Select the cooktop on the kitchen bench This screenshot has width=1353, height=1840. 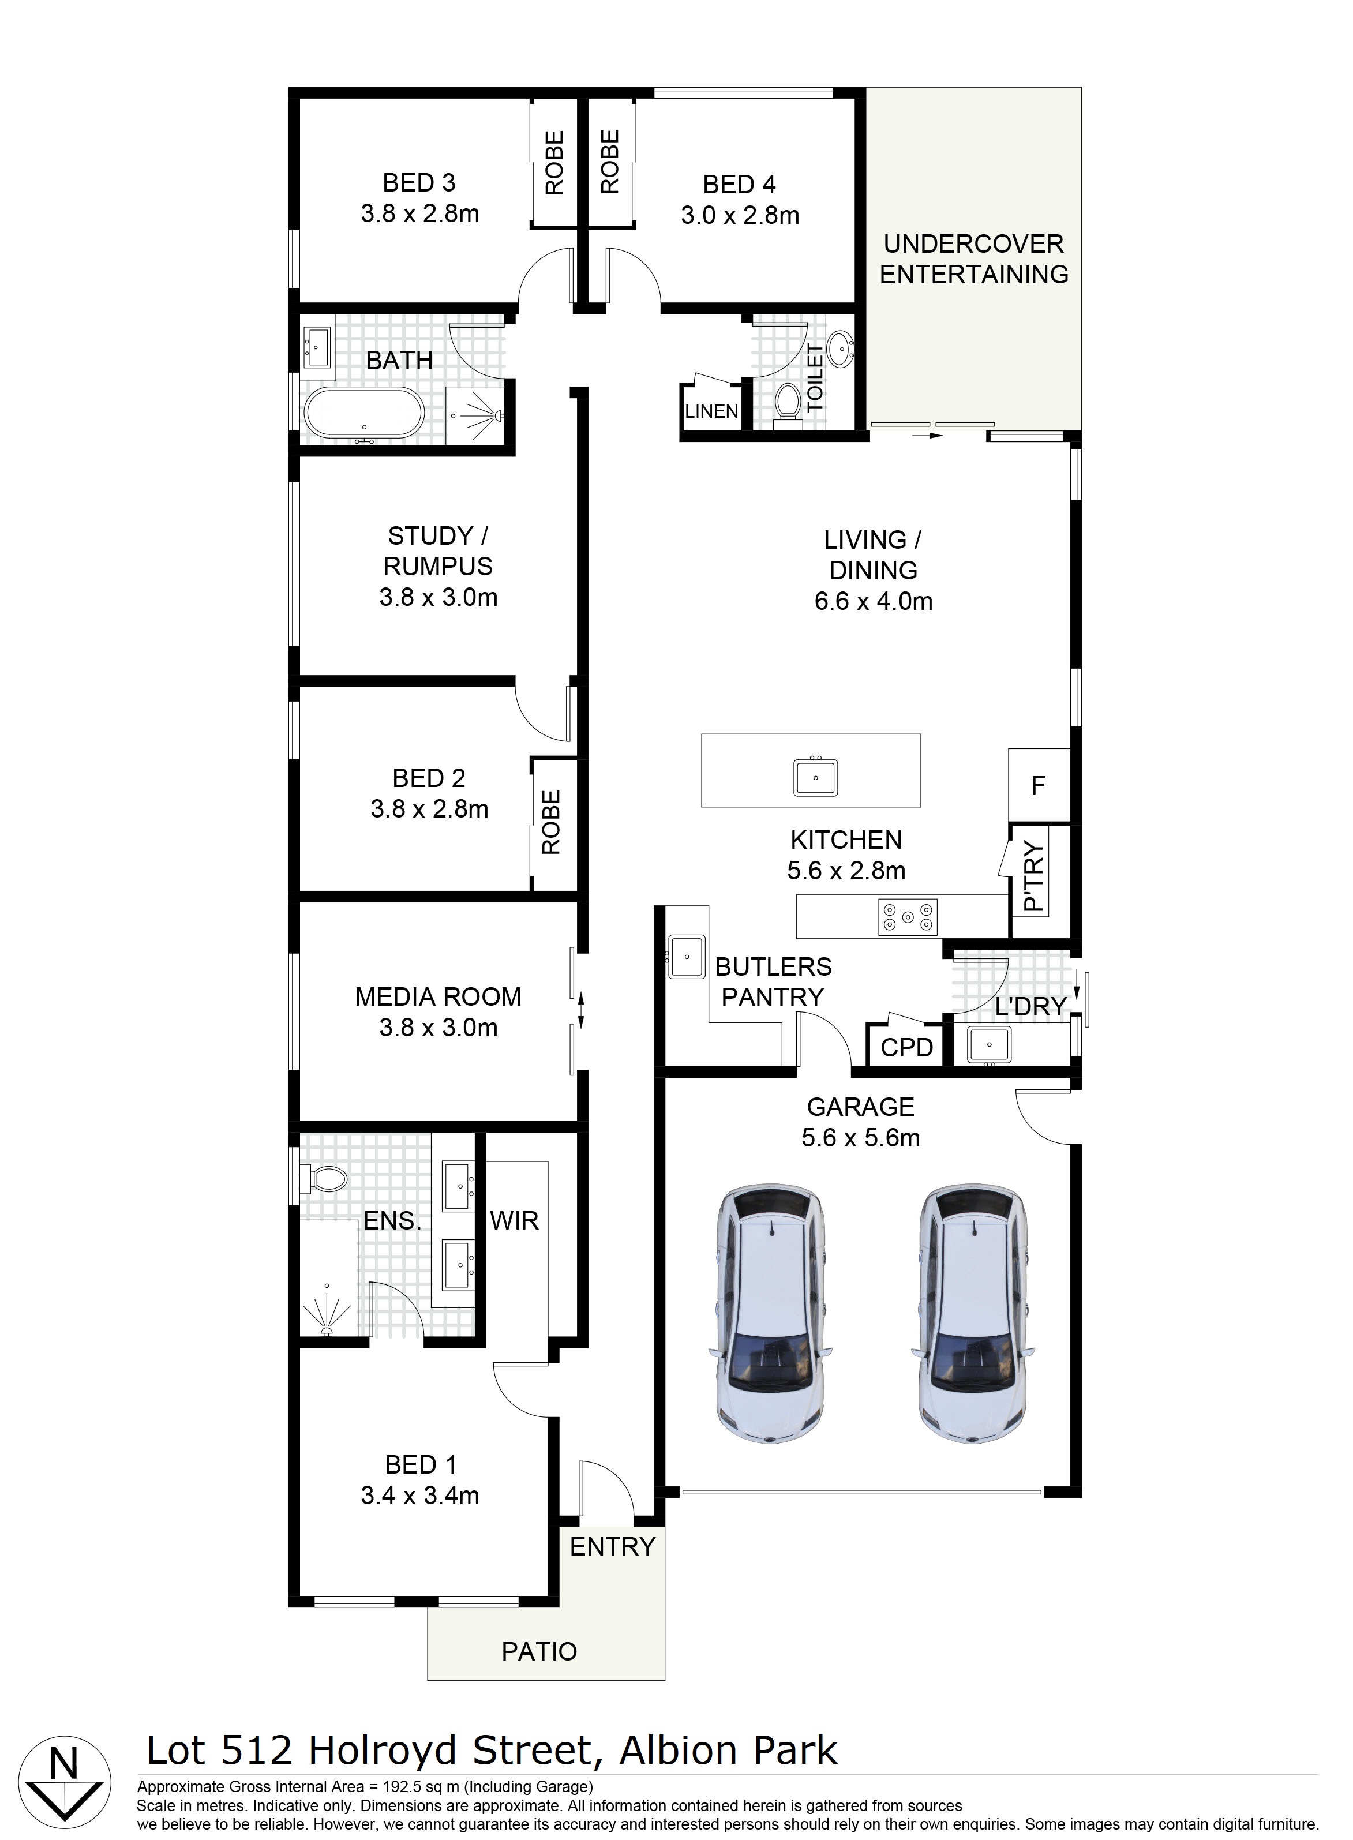(908, 917)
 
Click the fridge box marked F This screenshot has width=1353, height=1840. (1039, 785)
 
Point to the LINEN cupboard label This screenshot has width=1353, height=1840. (711, 411)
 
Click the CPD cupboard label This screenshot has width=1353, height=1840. (906, 1047)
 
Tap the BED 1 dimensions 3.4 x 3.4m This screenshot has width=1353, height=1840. (420, 1496)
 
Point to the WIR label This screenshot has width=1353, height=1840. (514, 1221)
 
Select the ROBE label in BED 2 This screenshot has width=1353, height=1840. (551, 822)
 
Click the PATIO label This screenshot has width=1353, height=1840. (539, 1652)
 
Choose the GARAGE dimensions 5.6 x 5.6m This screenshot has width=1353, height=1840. (861, 1137)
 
